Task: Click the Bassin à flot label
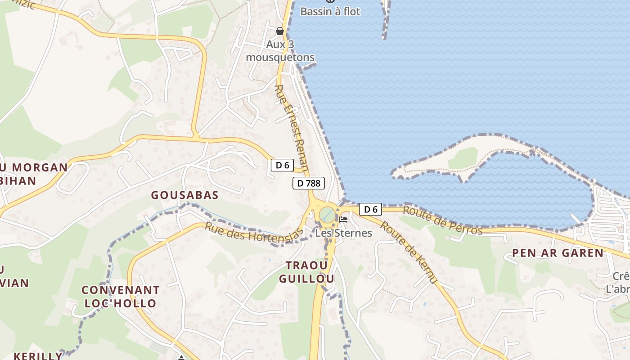pos(330,12)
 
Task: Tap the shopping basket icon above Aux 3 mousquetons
pos(280,31)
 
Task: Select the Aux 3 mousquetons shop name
pos(280,51)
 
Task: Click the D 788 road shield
pos(309,183)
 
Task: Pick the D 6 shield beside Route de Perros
pos(370,209)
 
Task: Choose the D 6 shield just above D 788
pos(282,165)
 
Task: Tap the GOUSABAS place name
pos(185,195)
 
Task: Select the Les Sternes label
pos(343,233)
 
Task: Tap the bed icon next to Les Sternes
pos(344,220)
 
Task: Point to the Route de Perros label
pos(442,220)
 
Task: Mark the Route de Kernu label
pos(409,252)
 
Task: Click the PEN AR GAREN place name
pos(558,253)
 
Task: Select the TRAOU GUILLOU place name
pos(306,272)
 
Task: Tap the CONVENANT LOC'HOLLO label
pos(121,297)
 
